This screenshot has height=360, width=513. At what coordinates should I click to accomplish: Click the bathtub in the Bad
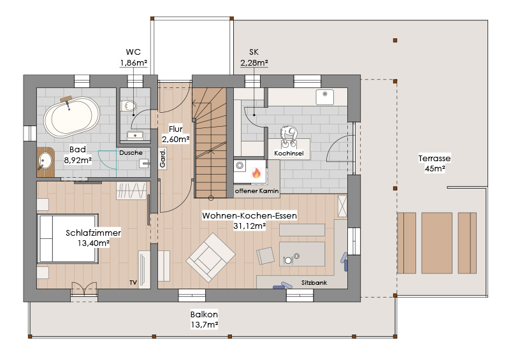tap(71, 117)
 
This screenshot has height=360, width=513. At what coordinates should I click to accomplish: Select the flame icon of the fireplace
tap(256, 173)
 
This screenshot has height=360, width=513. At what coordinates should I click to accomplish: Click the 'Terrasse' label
tap(435, 158)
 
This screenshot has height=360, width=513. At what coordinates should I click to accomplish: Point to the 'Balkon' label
tap(204, 314)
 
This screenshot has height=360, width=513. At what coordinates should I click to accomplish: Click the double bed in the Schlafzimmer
tap(68, 238)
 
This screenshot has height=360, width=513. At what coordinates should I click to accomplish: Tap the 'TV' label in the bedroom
tap(133, 282)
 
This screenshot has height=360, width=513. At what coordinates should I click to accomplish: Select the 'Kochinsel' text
tap(289, 153)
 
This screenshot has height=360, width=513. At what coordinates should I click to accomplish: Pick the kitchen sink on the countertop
tap(324, 97)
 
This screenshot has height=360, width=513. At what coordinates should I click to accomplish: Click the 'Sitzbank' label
tap(314, 282)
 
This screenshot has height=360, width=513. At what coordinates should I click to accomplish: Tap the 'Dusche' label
tap(131, 153)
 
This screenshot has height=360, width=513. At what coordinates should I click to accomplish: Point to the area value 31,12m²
tap(249, 226)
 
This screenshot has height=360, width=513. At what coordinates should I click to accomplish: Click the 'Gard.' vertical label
tap(163, 159)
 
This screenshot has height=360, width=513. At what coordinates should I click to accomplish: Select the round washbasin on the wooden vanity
tap(45, 161)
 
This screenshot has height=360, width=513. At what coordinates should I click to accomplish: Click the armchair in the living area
tap(211, 257)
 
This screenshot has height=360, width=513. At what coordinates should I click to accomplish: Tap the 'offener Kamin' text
tap(257, 191)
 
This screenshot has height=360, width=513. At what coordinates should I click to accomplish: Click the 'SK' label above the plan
tap(254, 52)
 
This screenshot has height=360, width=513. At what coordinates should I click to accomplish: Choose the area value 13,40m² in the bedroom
tap(94, 243)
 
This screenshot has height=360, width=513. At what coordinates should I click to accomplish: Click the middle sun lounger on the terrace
tap(437, 243)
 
